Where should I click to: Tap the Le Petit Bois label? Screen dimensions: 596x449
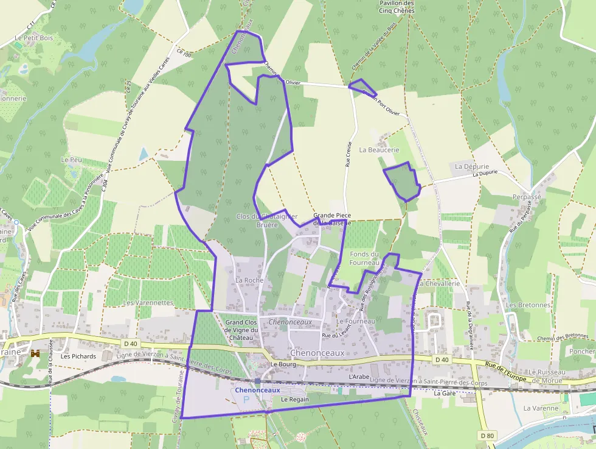click(34, 38)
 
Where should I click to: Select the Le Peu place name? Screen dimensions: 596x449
click(71, 159)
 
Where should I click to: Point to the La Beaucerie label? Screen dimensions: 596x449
click(379, 149)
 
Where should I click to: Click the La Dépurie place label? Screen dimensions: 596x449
click(472, 166)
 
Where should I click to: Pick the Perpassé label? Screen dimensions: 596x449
click(527, 197)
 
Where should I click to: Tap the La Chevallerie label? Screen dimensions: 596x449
click(438, 283)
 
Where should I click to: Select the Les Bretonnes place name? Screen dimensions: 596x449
click(528, 305)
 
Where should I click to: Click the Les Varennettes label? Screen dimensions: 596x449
click(148, 302)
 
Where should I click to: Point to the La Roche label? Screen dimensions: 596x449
click(248, 280)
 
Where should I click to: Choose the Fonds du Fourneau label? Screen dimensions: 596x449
click(365, 258)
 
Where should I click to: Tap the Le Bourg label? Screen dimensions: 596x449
click(282, 364)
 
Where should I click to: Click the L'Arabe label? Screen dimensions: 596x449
click(359, 377)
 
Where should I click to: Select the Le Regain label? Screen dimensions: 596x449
click(295, 399)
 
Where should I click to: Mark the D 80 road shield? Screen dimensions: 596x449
click(487, 436)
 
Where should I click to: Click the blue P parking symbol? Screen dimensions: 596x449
click(246, 400)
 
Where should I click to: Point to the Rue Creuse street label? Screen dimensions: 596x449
click(348, 155)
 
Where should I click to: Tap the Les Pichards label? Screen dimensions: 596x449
click(78, 356)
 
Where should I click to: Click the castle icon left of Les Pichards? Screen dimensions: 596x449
click(35, 353)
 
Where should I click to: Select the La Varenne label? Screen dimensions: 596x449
click(540, 408)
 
